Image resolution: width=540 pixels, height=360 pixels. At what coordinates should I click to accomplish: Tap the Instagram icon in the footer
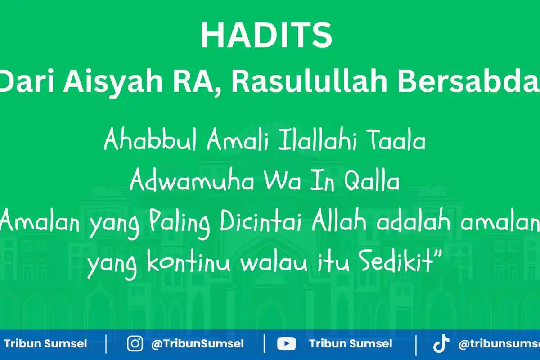(x=135, y=344)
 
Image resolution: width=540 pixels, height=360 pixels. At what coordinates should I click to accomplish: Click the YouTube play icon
(x=286, y=344)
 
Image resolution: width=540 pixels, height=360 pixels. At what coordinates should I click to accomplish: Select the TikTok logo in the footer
(x=440, y=344)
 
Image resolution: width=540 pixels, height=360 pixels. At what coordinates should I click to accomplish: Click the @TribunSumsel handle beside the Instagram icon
(x=198, y=344)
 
